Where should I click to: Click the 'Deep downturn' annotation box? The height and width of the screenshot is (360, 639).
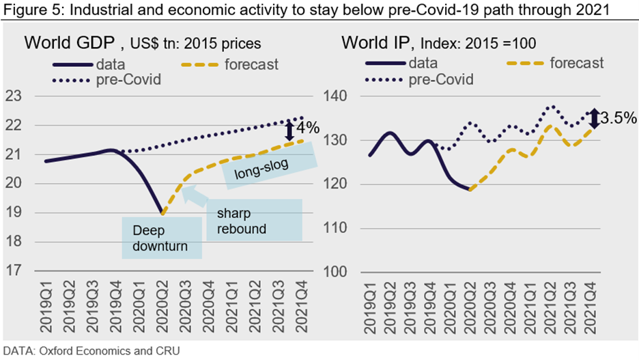point(161,237)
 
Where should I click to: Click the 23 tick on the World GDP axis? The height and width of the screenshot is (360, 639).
point(14,96)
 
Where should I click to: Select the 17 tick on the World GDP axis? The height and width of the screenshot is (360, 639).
point(14,271)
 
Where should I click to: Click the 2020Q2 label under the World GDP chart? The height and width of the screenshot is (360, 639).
point(162,305)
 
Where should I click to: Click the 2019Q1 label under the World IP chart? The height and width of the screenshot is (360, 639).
point(369,305)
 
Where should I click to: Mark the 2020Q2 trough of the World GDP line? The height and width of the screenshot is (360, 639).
point(162,213)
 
